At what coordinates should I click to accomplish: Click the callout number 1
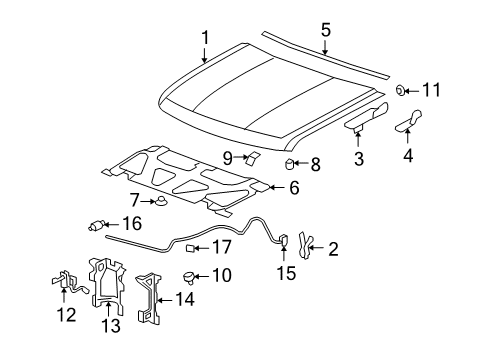(205, 37)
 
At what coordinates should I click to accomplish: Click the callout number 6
(293, 186)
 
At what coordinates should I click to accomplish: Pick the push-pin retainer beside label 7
(160, 205)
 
